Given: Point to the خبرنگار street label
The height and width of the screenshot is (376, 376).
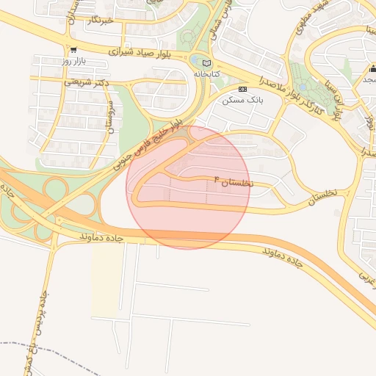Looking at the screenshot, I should point(98,21).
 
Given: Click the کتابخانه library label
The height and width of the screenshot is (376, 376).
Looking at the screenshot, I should point(206,74).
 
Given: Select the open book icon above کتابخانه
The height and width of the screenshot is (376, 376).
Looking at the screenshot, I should point(206,63).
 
